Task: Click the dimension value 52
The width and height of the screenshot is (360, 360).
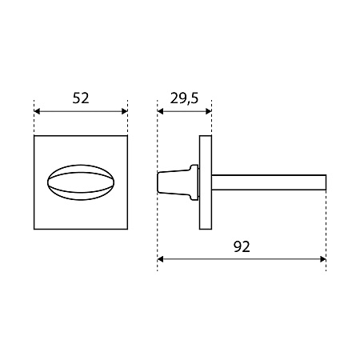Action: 81,98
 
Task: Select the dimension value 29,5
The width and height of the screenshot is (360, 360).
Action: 184,98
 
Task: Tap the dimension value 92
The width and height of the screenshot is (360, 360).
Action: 242,246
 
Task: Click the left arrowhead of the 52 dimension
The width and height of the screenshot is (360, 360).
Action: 37,111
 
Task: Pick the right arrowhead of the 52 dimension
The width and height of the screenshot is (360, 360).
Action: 125,111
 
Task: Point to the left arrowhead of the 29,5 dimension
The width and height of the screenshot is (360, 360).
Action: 160,111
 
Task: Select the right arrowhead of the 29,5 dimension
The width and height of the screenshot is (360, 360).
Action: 209,111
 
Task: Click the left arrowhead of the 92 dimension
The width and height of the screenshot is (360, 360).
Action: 160,259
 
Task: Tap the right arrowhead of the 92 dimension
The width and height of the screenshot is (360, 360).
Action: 323,259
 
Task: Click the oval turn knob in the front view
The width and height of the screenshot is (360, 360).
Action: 81,182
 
